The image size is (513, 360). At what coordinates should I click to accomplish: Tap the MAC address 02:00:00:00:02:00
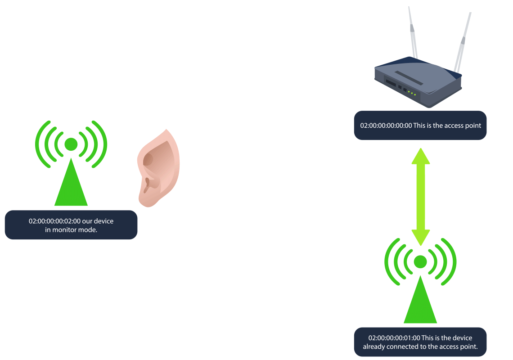click(x=54, y=221)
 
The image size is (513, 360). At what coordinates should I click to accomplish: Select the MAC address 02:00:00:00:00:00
click(x=386, y=126)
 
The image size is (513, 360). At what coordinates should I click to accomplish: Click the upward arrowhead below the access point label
click(x=420, y=156)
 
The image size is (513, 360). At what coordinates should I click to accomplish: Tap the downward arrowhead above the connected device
click(x=420, y=237)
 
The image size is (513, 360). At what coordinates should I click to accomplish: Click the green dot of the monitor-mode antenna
click(x=71, y=144)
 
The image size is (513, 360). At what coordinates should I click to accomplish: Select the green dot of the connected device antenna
click(x=420, y=261)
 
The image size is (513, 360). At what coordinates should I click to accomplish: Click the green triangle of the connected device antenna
click(x=420, y=306)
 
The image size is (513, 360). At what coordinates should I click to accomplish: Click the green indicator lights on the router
click(x=411, y=93)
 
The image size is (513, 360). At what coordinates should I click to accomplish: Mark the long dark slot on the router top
click(x=409, y=78)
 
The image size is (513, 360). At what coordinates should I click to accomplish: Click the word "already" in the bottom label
click(x=375, y=347)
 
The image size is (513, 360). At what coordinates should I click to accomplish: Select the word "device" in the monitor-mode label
click(x=103, y=221)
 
